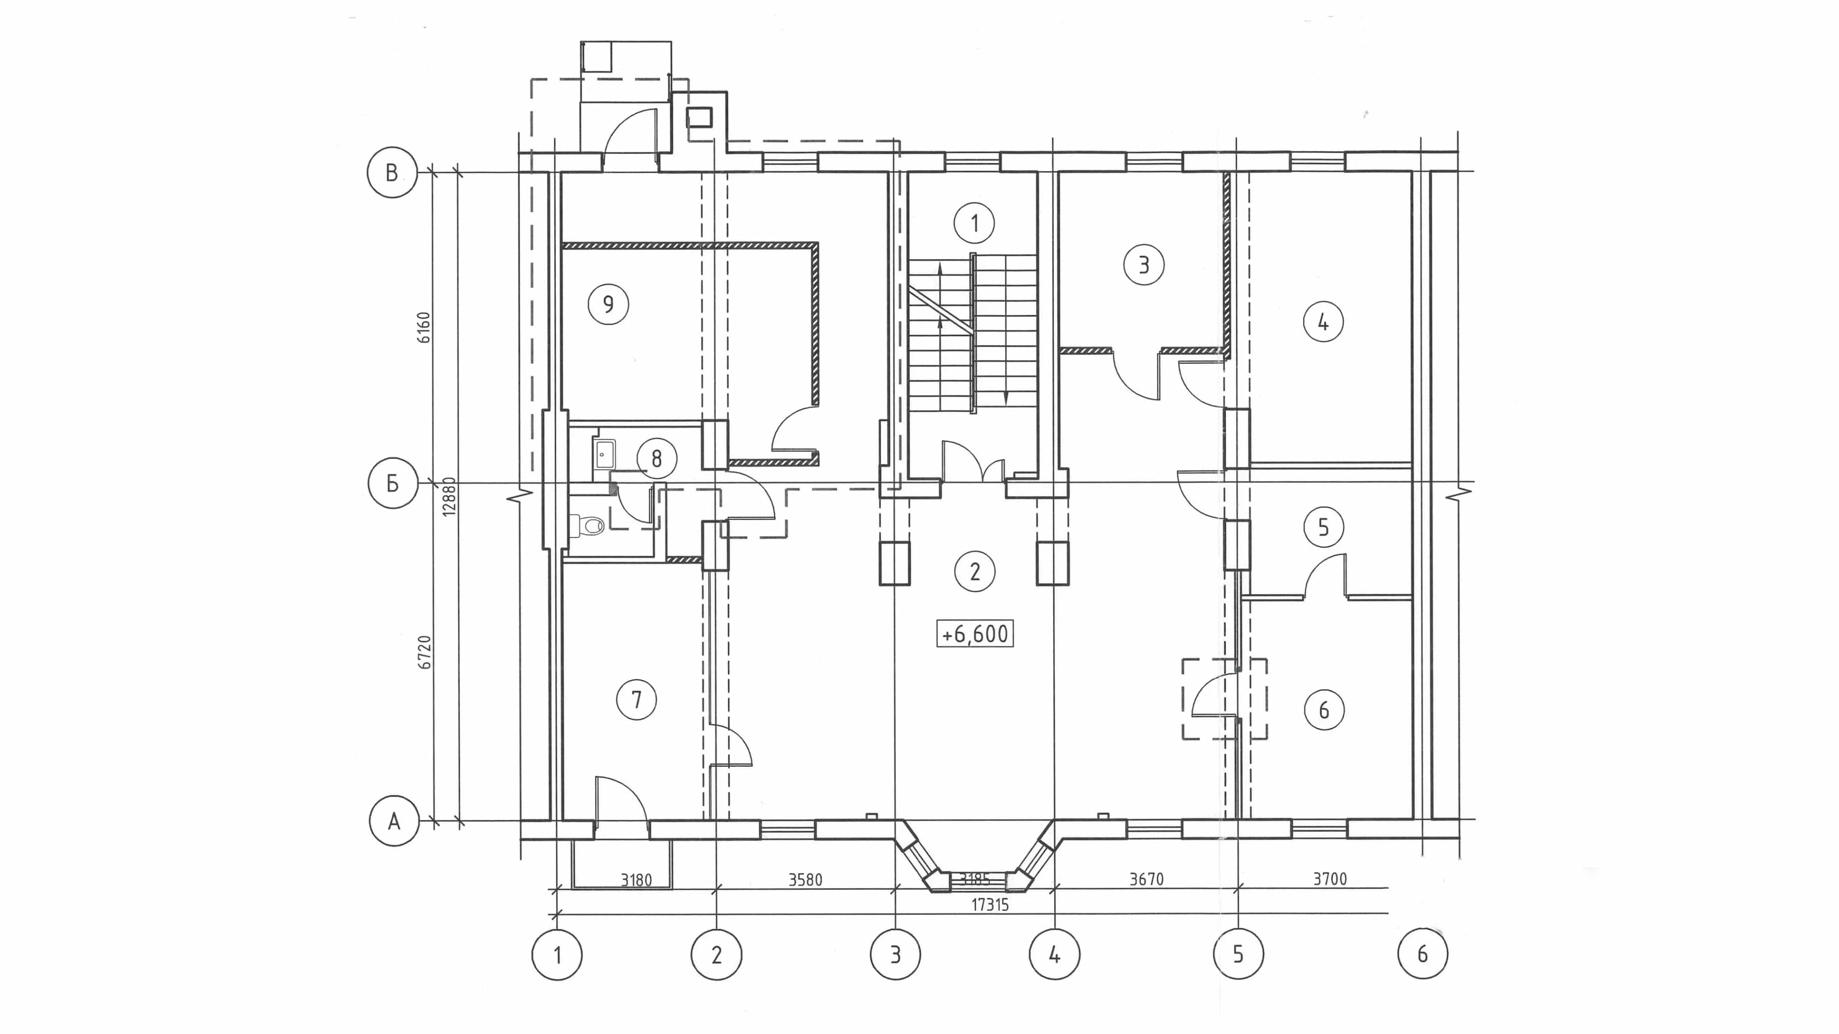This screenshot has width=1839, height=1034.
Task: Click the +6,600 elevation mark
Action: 975,634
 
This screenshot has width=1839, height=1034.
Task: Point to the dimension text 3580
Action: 805,880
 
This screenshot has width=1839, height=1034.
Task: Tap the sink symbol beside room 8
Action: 603,454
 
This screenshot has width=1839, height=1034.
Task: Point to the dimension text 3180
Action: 636,881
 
